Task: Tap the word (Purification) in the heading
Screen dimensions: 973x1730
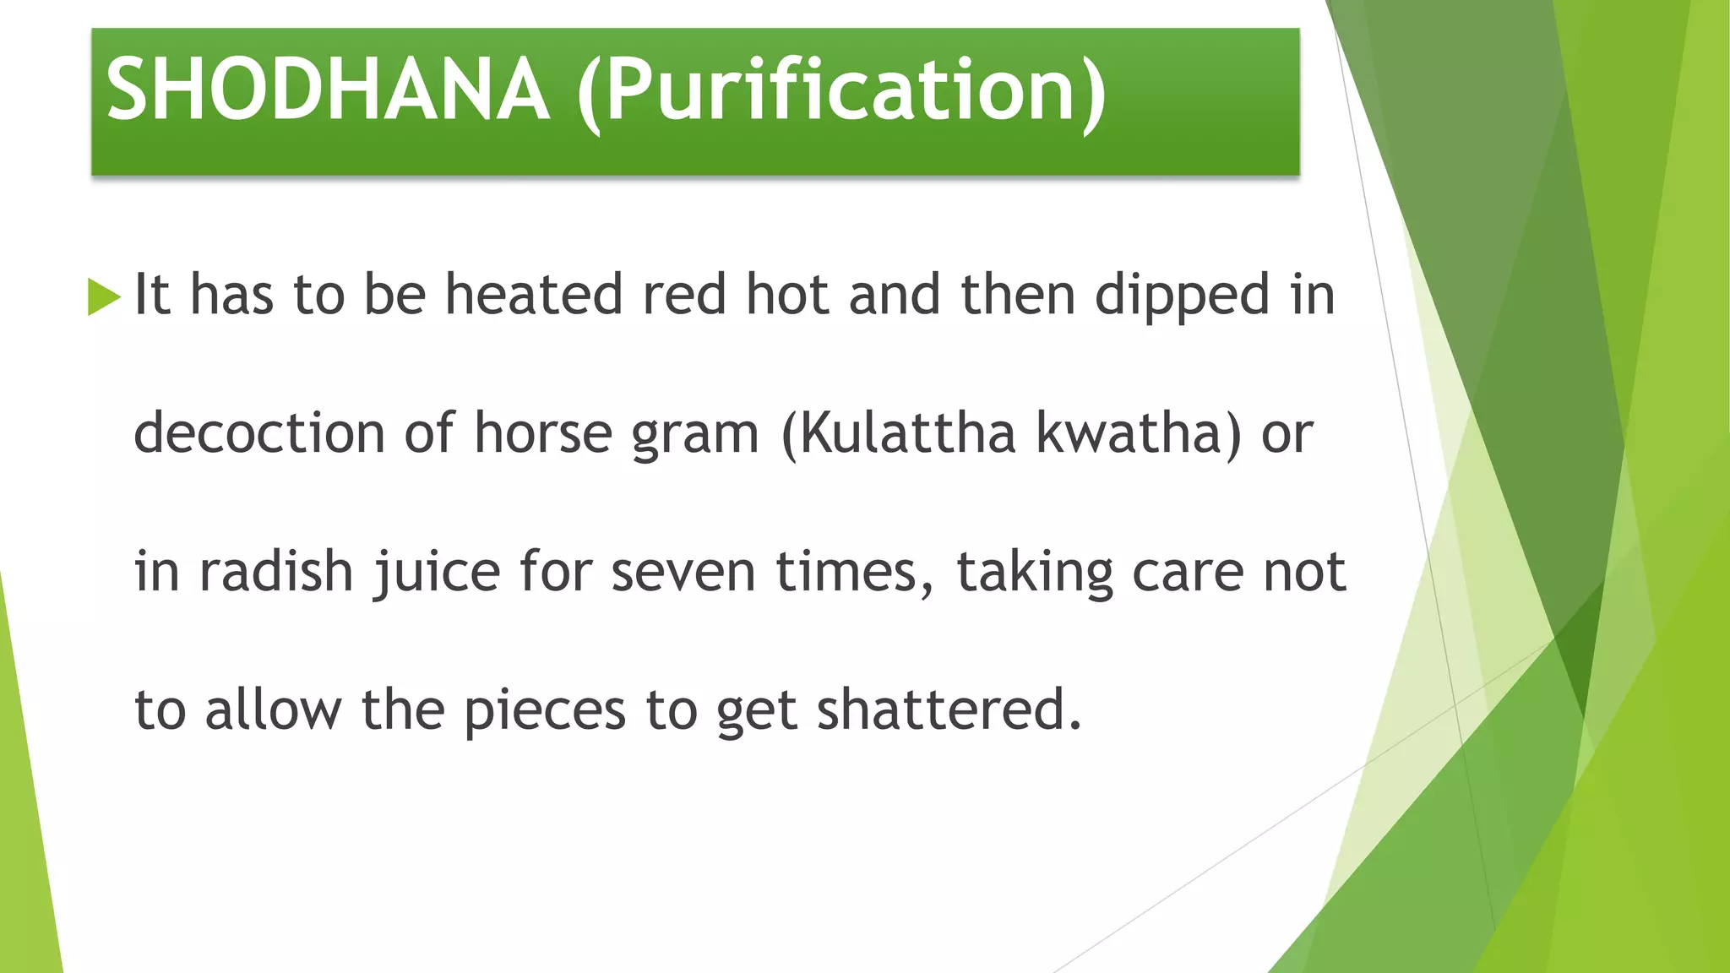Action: pyautogui.click(x=841, y=91)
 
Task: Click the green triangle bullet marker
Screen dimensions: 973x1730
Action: pyautogui.click(x=104, y=296)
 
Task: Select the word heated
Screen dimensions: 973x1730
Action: pyautogui.click(x=534, y=295)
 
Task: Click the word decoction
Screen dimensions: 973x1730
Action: pyautogui.click(x=259, y=433)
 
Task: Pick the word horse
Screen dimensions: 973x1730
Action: pyautogui.click(x=543, y=433)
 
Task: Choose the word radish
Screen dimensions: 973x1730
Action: pyautogui.click(x=276, y=572)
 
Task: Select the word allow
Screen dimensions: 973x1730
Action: pyautogui.click(x=273, y=709)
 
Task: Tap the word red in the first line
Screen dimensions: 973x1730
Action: pyautogui.click(x=684, y=295)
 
